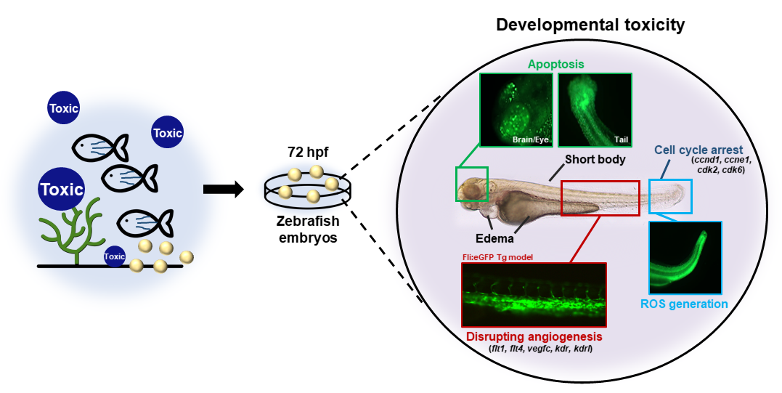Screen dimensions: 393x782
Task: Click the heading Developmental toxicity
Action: [590, 25]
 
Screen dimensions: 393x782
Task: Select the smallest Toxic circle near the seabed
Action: [115, 256]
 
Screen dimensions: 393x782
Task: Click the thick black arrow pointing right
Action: [223, 190]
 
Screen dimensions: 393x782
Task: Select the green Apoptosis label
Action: [555, 64]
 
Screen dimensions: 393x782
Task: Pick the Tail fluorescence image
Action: [595, 108]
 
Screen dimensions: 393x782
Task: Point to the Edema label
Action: [494, 238]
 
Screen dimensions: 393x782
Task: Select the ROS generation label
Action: [684, 304]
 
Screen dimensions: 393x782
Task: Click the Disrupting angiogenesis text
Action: [534, 337]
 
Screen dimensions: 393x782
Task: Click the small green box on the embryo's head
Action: [472, 184]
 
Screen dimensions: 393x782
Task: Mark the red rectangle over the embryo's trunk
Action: [600, 198]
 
